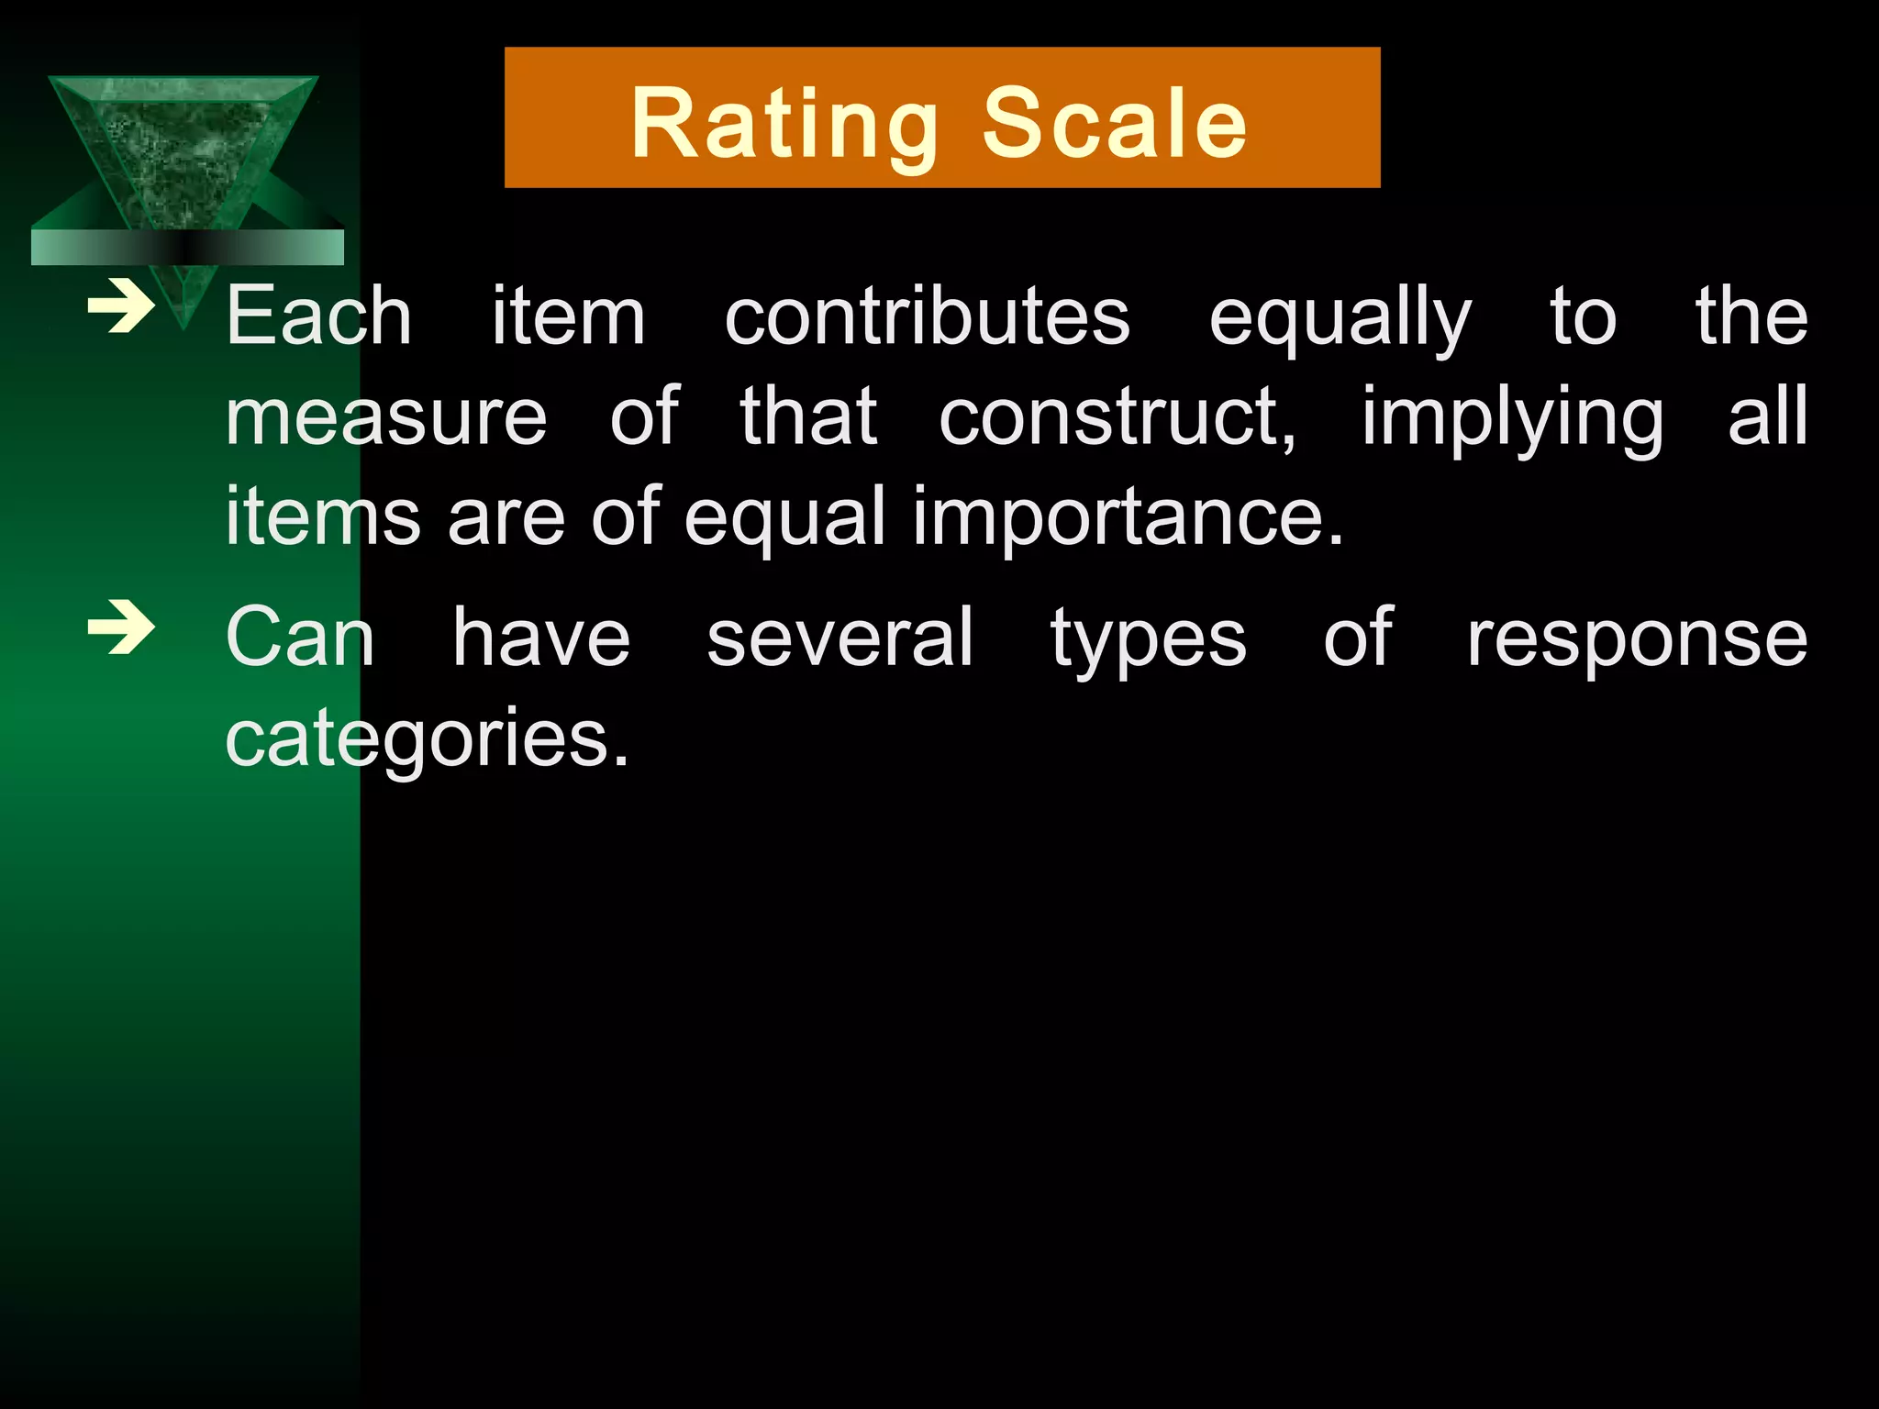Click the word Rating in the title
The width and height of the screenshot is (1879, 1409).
784,125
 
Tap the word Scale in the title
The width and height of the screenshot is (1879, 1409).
1115,123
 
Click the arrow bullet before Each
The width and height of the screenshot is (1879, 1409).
120,308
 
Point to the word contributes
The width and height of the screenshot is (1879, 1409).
927,316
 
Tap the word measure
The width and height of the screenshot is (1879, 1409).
386,418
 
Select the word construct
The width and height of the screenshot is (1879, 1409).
1117,418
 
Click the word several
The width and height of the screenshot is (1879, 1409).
839,638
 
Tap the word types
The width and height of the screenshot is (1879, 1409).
1148,640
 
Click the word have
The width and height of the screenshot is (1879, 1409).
541,638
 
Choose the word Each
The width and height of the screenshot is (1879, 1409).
318,316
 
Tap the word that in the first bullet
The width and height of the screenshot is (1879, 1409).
808,418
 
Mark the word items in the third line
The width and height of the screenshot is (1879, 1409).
323,517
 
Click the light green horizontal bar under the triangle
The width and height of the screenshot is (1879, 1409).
187,248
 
